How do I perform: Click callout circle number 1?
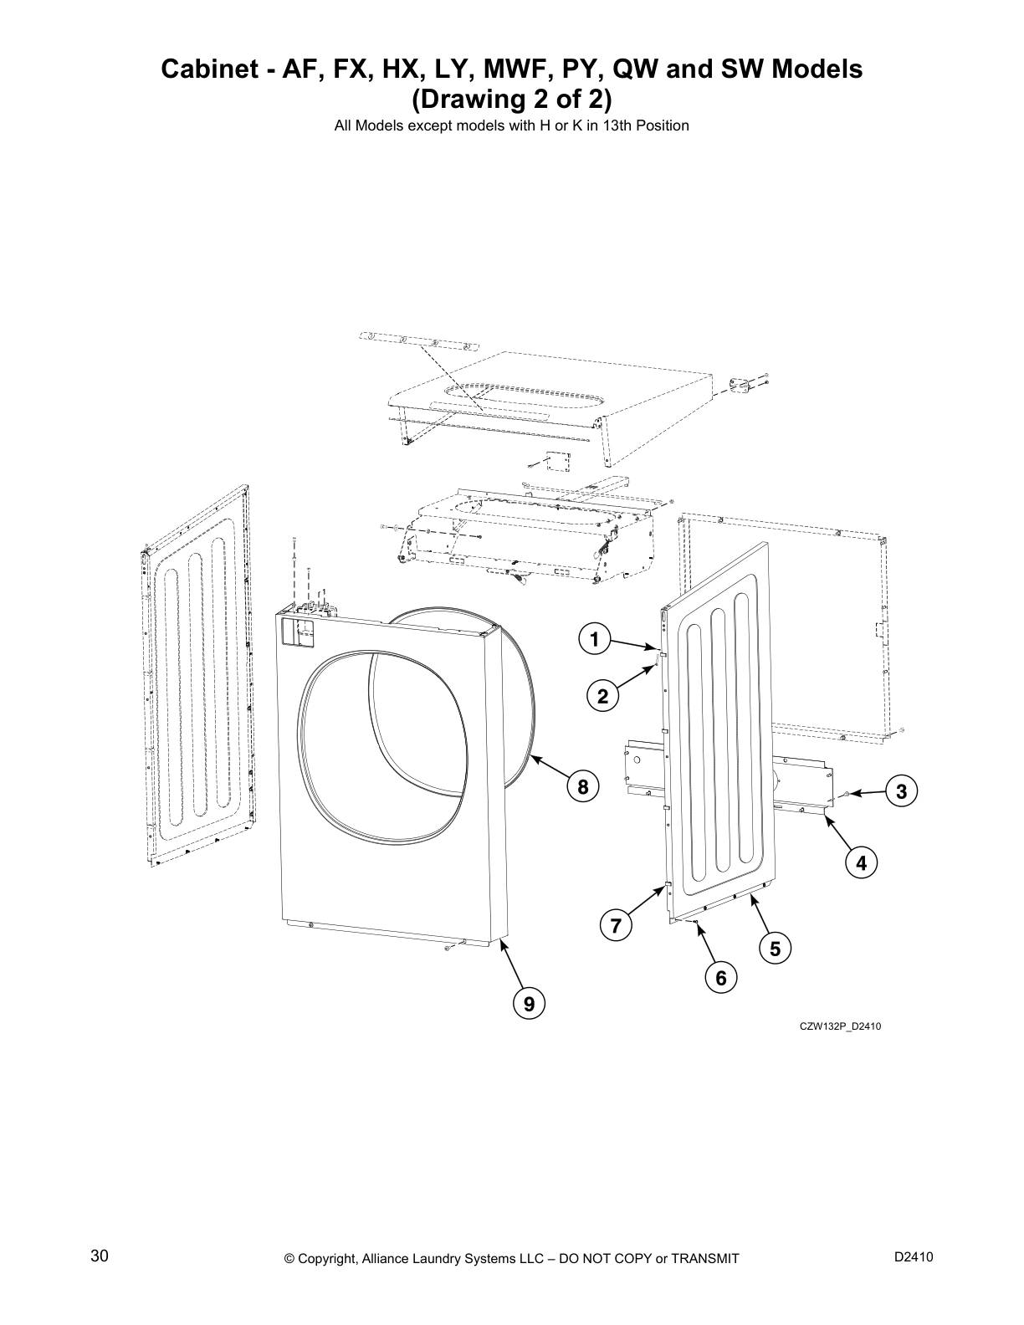point(593,641)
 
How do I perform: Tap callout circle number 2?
point(602,696)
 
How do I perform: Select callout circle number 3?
point(902,791)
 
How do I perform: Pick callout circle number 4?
point(861,862)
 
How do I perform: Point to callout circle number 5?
point(775,949)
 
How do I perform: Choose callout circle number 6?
point(720,976)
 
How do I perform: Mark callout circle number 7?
point(616,926)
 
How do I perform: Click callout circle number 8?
point(583,786)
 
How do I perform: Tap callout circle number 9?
point(529,1003)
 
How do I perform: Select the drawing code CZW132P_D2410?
point(840,1026)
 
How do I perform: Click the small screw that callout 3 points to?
point(847,792)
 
